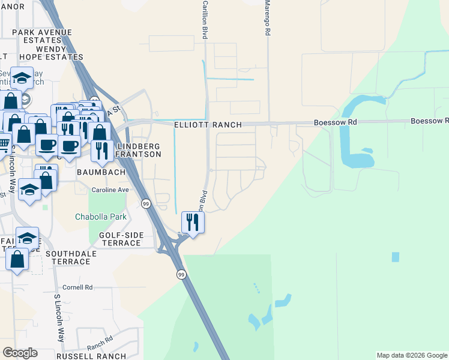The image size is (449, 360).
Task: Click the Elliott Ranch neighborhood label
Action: [x=208, y=125]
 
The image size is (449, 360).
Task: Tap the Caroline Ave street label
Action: [x=110, y=190]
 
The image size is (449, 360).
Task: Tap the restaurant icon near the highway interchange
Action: [x=193, y=222]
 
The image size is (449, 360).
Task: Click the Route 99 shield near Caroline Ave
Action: [x=146, y=204]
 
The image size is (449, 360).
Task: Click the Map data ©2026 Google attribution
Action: [x=411, y=355]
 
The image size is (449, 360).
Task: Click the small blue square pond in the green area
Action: [x=395, y=257]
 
